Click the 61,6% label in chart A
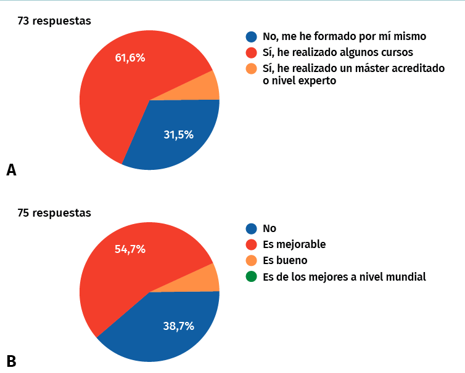coord(130,58)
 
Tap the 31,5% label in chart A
coord(179,135)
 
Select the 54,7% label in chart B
coord(130,249)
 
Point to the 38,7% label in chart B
coord(179,326)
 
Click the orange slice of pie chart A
coord(206,86)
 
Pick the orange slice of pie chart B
coord(206,278)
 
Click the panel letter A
coord(11,170)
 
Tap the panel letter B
coord(11,361)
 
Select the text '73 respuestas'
coord(54,21)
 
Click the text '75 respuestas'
coord(54,213)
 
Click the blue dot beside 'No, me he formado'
coord(251,37)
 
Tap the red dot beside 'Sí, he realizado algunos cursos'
coord(251,52)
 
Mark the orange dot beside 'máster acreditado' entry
coord(251,68)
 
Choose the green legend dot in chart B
coord(251,276)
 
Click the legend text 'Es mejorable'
coord(294,244)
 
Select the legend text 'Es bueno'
coord(285,260)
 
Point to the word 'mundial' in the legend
coord(405,276)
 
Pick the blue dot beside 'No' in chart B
coord(251,228)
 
